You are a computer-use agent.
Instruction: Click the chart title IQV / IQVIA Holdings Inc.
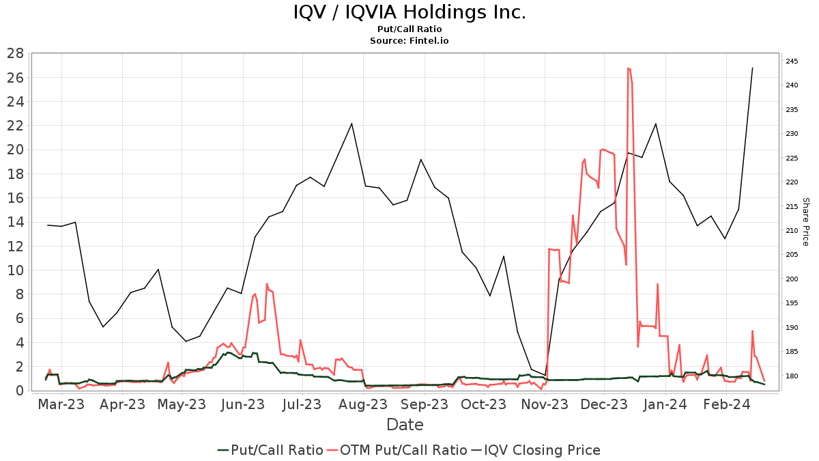pyautogui.click(x=409, y=12)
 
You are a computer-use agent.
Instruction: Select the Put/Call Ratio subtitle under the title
pyautogui.click(x=409, y=29)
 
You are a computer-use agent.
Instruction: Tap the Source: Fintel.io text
pyautogui.click(x=409, y=41)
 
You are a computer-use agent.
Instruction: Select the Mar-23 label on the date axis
pyautogui.click(x=61, y=404)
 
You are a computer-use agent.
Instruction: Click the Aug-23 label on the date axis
pyautogui.click(x=363, y=404)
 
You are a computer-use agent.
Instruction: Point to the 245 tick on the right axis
pyautogui.click(x=792, y=61)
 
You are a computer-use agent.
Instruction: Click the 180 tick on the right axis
pyautogui.click(x=792, y=376)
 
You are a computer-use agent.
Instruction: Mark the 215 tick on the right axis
pyautogui.click(x=792, y=207)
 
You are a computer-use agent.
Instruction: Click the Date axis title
pyautogui.click(x=405, y=425)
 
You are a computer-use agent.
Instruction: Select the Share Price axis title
pyautogui.click(x=805, y=222)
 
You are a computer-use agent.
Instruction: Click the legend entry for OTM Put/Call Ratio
pyautogui.click(x=403, y=450)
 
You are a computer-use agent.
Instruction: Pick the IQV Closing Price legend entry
pyautogui.click(x=543, y=450)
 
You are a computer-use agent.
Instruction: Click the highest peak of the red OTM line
pyautogui.click(x=628, y=68)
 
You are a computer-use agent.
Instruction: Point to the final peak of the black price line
pyautogui.click(x=752, y=68)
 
